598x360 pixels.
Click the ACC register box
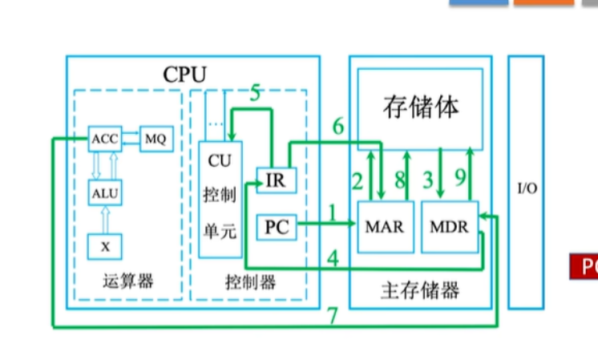coord(105,139)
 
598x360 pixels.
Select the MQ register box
coord(155,139)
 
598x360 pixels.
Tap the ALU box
coord(105,192)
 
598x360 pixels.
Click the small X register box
coord(105,246)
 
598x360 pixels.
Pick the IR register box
coord(275,180)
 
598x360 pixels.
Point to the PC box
coord(275,229)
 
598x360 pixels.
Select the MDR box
coord(449,225)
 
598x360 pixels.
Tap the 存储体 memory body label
coord(421,107)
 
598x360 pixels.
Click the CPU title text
coord(184,75)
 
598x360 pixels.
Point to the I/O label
coord(526,189)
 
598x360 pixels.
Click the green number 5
coord(256,93)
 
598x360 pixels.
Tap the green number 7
coord(332,315)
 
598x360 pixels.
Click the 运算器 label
coord(128,281)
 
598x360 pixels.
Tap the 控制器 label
coord(250,281)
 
